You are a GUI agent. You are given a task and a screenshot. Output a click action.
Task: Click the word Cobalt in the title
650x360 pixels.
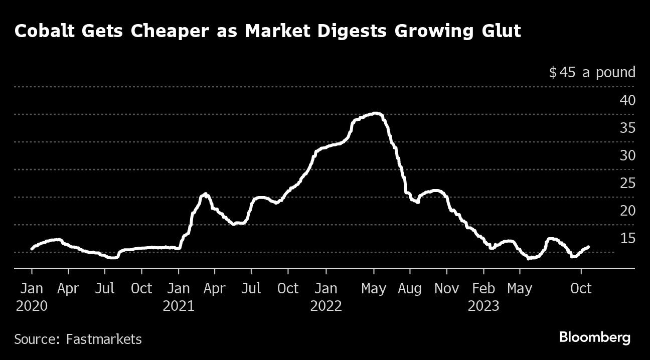[43, 31]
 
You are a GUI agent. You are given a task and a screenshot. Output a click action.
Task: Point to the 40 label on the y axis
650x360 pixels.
[627, 100]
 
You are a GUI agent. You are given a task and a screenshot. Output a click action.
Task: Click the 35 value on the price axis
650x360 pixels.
[627, 128]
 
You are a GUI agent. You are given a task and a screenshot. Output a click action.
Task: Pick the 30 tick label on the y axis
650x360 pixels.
[627, 155]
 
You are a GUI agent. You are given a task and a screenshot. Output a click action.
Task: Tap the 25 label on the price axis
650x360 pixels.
[627, 183]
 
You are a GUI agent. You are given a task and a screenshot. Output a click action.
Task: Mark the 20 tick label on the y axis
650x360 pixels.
[627, 211]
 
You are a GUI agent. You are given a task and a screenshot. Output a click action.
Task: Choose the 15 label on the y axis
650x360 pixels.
[627, 238]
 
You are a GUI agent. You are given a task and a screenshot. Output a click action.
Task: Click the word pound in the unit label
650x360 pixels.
[615, 73]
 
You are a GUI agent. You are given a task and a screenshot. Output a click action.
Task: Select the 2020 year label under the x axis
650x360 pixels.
[32, 306]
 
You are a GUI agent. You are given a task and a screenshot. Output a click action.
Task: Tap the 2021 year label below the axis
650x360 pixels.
[179, 306]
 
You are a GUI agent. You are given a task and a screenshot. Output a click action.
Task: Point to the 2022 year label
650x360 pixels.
[326, 306]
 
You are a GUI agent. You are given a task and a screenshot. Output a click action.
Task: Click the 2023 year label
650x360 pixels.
[483, 306]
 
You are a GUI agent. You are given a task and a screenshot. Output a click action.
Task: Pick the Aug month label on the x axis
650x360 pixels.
[410, 289]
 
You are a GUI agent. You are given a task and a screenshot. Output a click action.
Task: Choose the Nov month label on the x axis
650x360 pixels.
[446, 289]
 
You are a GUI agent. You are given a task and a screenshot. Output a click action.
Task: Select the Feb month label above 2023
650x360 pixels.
[483, 289]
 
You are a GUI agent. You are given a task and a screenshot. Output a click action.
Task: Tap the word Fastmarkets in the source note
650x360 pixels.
[104, 339]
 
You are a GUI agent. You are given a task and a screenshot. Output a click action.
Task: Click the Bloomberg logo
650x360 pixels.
[595, 338]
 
